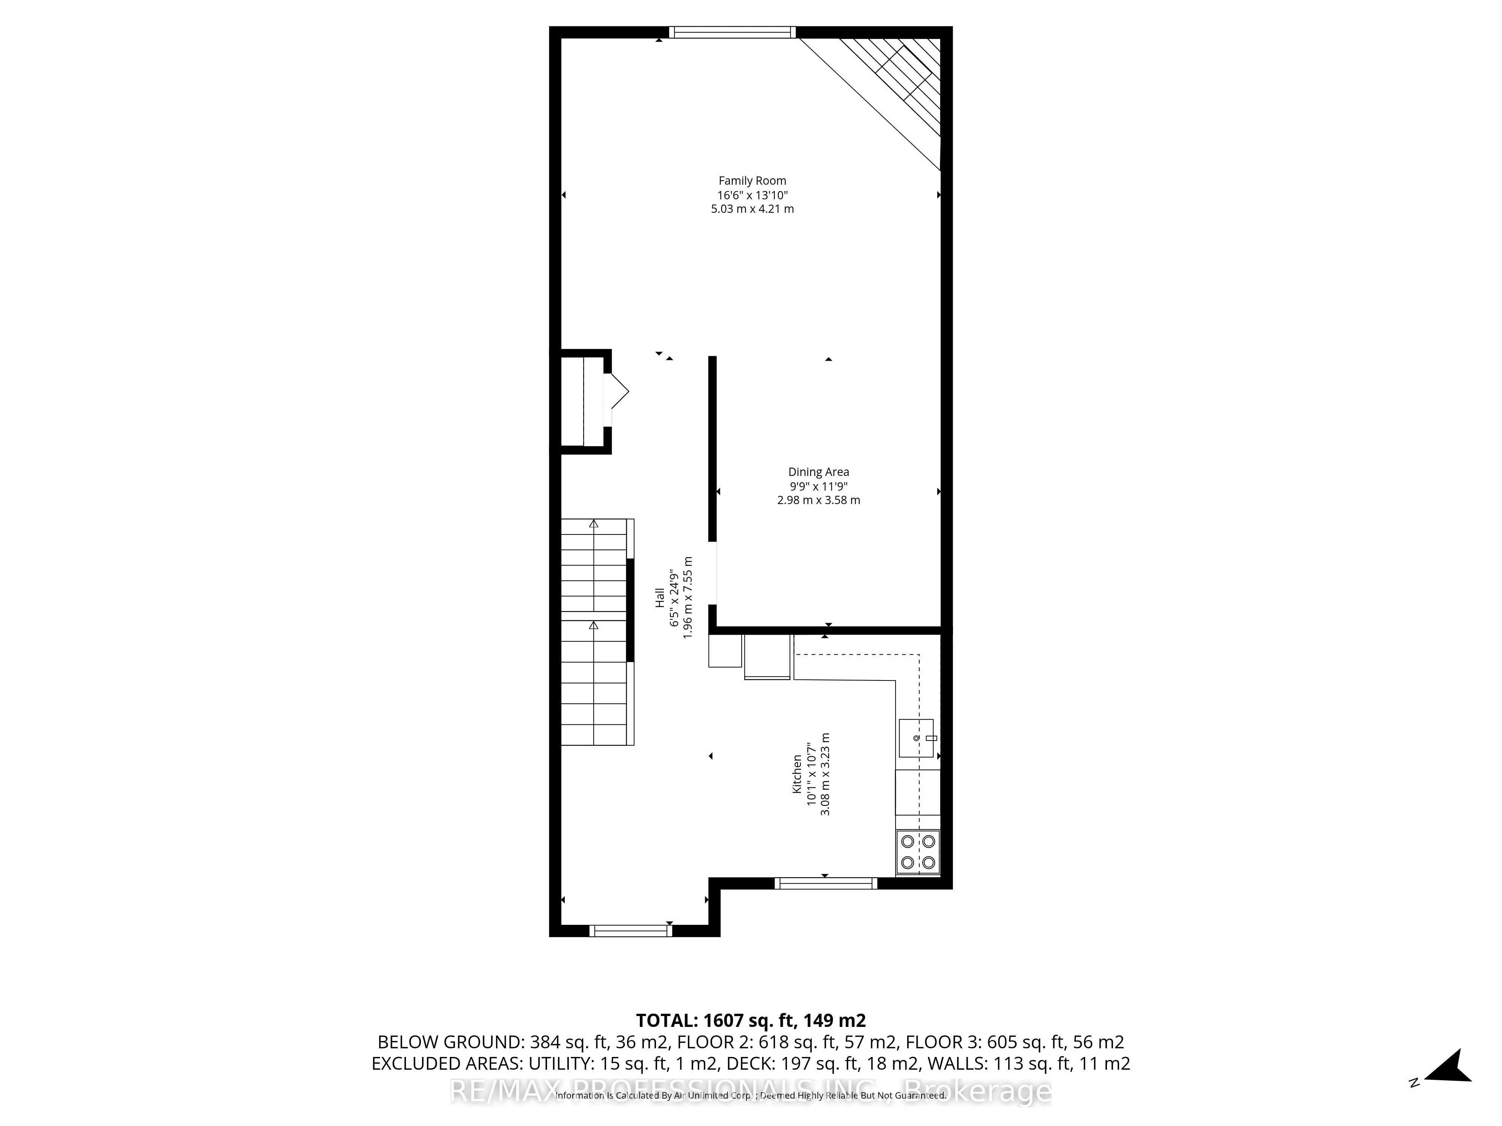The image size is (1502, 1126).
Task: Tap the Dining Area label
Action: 818,472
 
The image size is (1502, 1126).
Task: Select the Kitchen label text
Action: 797,774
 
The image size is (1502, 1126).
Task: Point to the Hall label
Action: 659,597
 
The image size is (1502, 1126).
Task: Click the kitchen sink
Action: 916,738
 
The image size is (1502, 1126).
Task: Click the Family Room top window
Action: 732,32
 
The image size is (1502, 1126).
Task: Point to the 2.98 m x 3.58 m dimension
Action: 818,500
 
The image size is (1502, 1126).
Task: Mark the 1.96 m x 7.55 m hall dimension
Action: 688,597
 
